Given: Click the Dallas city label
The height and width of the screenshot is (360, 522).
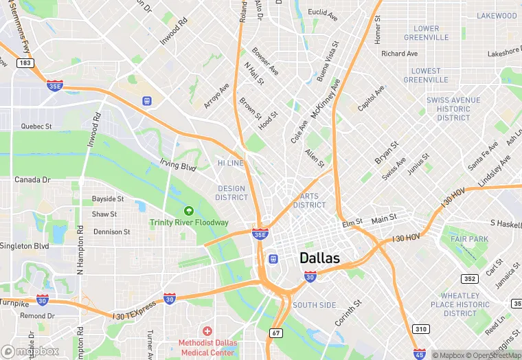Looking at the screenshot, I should pos(319,258).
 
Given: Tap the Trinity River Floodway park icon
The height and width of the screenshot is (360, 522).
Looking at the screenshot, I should pos(189,211).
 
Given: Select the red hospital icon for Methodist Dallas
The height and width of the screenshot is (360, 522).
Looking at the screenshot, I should pos(207,331).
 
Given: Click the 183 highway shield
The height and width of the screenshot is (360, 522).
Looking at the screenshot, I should pos(25,63).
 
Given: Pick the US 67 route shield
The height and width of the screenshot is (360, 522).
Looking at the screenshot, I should pos(276,333).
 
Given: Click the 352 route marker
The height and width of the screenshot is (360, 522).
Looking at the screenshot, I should pos(470,278).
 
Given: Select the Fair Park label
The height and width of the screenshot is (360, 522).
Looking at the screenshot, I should pos(469,238).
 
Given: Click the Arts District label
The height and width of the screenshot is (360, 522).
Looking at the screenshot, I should pos(310,201).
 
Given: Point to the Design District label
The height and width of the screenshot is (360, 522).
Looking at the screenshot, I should pos(231,192).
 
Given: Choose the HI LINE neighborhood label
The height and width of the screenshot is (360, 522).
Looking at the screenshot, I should pos(230,163).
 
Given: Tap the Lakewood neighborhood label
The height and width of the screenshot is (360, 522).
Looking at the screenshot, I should pos(497,15).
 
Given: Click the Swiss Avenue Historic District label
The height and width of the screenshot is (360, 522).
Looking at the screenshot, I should pos(453,109).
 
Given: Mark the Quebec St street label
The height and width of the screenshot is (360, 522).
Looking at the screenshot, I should pos(36,126).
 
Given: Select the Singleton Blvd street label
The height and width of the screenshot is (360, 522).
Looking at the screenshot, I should pos(24,245).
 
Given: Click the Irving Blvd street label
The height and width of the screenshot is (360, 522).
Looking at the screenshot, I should pos(178,166).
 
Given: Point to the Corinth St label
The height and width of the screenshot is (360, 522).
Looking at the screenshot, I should pos(348,311).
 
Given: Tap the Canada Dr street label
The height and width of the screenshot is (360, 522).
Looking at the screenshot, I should pos(33,180).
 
